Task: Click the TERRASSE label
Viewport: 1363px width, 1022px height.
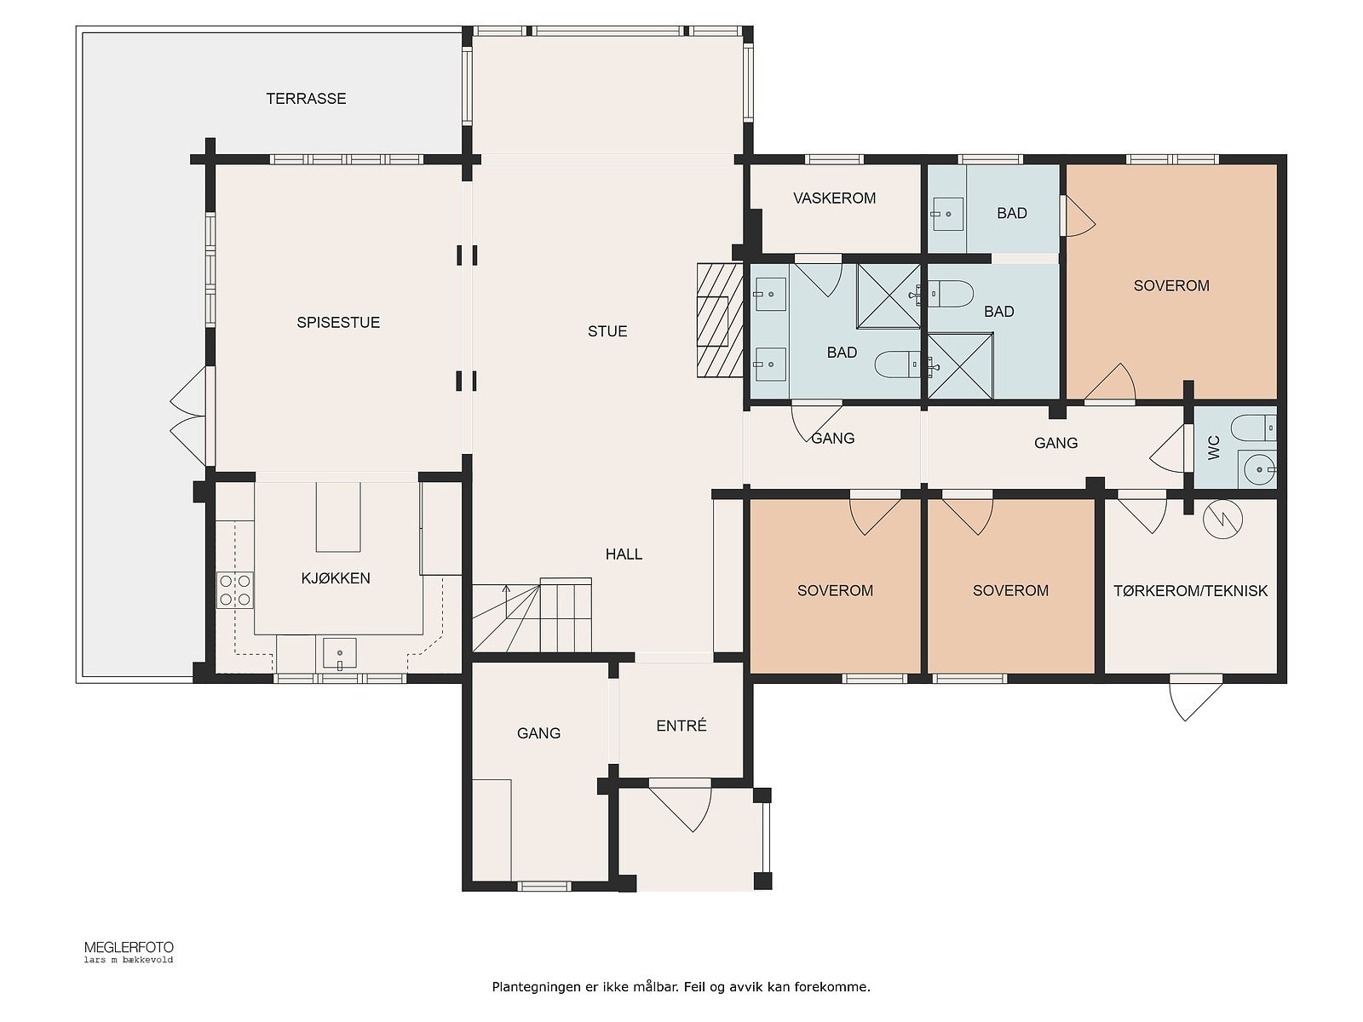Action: click(306, 99)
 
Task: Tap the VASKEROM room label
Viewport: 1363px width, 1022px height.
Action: click(834, 198)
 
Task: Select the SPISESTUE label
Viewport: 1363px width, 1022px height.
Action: click(338, 323)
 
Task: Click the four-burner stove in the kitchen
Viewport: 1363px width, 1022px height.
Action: click(235, 590)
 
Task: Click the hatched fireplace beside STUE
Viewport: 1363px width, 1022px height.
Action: click(714, 319)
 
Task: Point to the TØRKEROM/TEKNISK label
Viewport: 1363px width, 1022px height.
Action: click(1190, 591)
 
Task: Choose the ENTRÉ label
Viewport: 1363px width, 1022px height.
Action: click(681, 726)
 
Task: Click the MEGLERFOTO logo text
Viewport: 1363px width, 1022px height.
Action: click(129, 947)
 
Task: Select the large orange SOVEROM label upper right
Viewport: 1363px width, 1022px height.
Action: click(1170, 286)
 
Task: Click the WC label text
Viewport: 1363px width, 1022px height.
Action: click(1214, 447)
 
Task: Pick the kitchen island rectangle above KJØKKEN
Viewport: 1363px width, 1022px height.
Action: click(338, 517)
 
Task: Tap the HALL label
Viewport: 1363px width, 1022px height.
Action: click(624, 554)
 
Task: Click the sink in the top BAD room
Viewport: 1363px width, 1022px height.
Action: click(946, 214)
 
